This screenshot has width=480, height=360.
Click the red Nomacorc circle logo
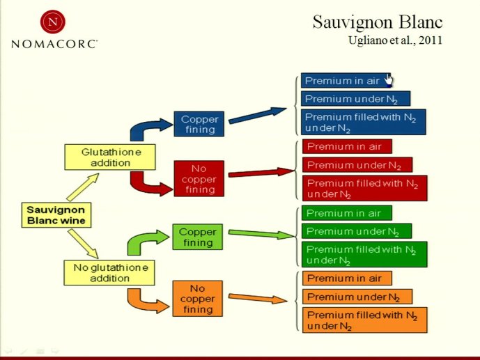53,22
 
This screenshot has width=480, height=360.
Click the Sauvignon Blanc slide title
378,22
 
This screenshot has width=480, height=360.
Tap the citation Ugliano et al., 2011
395,40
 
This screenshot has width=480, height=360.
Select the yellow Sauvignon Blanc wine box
56,215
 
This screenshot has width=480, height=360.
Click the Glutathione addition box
110,157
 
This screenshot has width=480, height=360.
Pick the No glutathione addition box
109,273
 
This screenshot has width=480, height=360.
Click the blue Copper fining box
199,124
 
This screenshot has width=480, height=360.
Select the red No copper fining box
199,179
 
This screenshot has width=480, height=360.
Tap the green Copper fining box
197,237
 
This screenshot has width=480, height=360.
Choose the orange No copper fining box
197,299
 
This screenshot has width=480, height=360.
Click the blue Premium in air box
346,81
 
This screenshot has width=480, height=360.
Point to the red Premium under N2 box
357,165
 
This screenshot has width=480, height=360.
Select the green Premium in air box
346,213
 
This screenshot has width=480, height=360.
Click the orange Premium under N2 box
357,297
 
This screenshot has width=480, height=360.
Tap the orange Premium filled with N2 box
364,320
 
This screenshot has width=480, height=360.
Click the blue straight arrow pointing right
258,116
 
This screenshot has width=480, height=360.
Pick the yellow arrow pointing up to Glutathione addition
82,187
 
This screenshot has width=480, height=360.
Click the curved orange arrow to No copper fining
146,301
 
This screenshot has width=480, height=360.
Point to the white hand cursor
389,80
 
